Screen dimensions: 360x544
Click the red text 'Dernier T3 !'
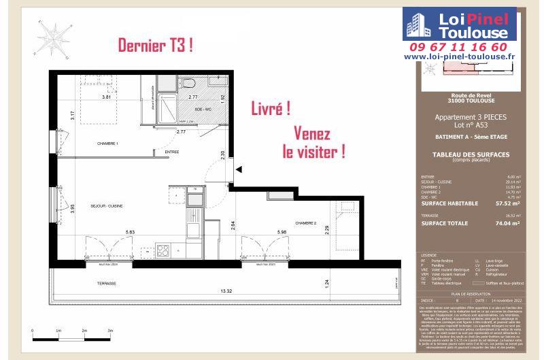click(156, 46)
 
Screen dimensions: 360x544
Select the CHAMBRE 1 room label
click(108, 144)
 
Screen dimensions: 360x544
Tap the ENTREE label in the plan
click(171, 152)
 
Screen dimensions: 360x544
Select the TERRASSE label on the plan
click(105, 282)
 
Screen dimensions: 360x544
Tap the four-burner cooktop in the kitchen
click(163, 250)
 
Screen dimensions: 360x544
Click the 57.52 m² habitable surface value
click(507, 203)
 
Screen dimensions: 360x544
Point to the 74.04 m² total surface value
click(507, 223)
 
